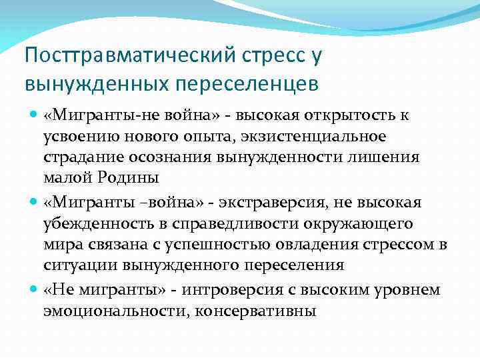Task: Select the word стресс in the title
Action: click(x=268, y=56)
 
